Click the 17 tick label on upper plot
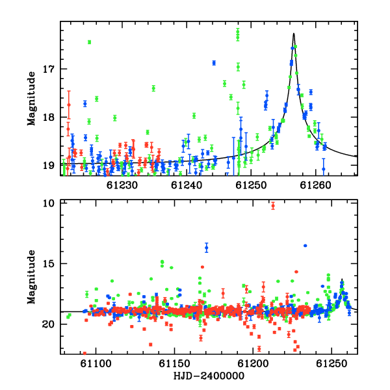48,69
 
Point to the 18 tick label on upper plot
48,117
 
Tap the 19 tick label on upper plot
48,165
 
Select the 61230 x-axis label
122,185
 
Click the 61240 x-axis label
187,185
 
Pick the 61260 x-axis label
315,185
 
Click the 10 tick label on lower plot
48,203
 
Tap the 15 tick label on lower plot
48,264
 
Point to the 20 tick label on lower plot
48,324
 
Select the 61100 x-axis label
96,363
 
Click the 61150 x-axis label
174,363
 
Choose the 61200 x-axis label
253,363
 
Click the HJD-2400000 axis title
209,376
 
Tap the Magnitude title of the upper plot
32,99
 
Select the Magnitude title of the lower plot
32,277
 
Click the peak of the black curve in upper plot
294,33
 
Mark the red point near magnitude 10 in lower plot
273,206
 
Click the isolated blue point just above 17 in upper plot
214,63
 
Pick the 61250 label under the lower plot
331,363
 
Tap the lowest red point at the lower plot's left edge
84,353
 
